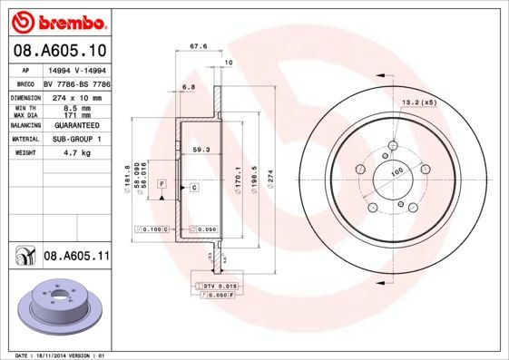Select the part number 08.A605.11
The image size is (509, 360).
(x=76, y=257)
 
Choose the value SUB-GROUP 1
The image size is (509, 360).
(x=73, y=139)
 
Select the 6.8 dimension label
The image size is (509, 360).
(x=189, y=87)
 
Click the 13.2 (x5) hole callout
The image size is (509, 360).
(x=419, y=102)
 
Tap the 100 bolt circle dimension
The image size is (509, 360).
(x=396, y=171)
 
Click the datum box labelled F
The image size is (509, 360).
(x=162, y=184)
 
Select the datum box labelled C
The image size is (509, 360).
(x=194, y=187)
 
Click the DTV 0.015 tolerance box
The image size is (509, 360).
(x=217, y=286)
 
